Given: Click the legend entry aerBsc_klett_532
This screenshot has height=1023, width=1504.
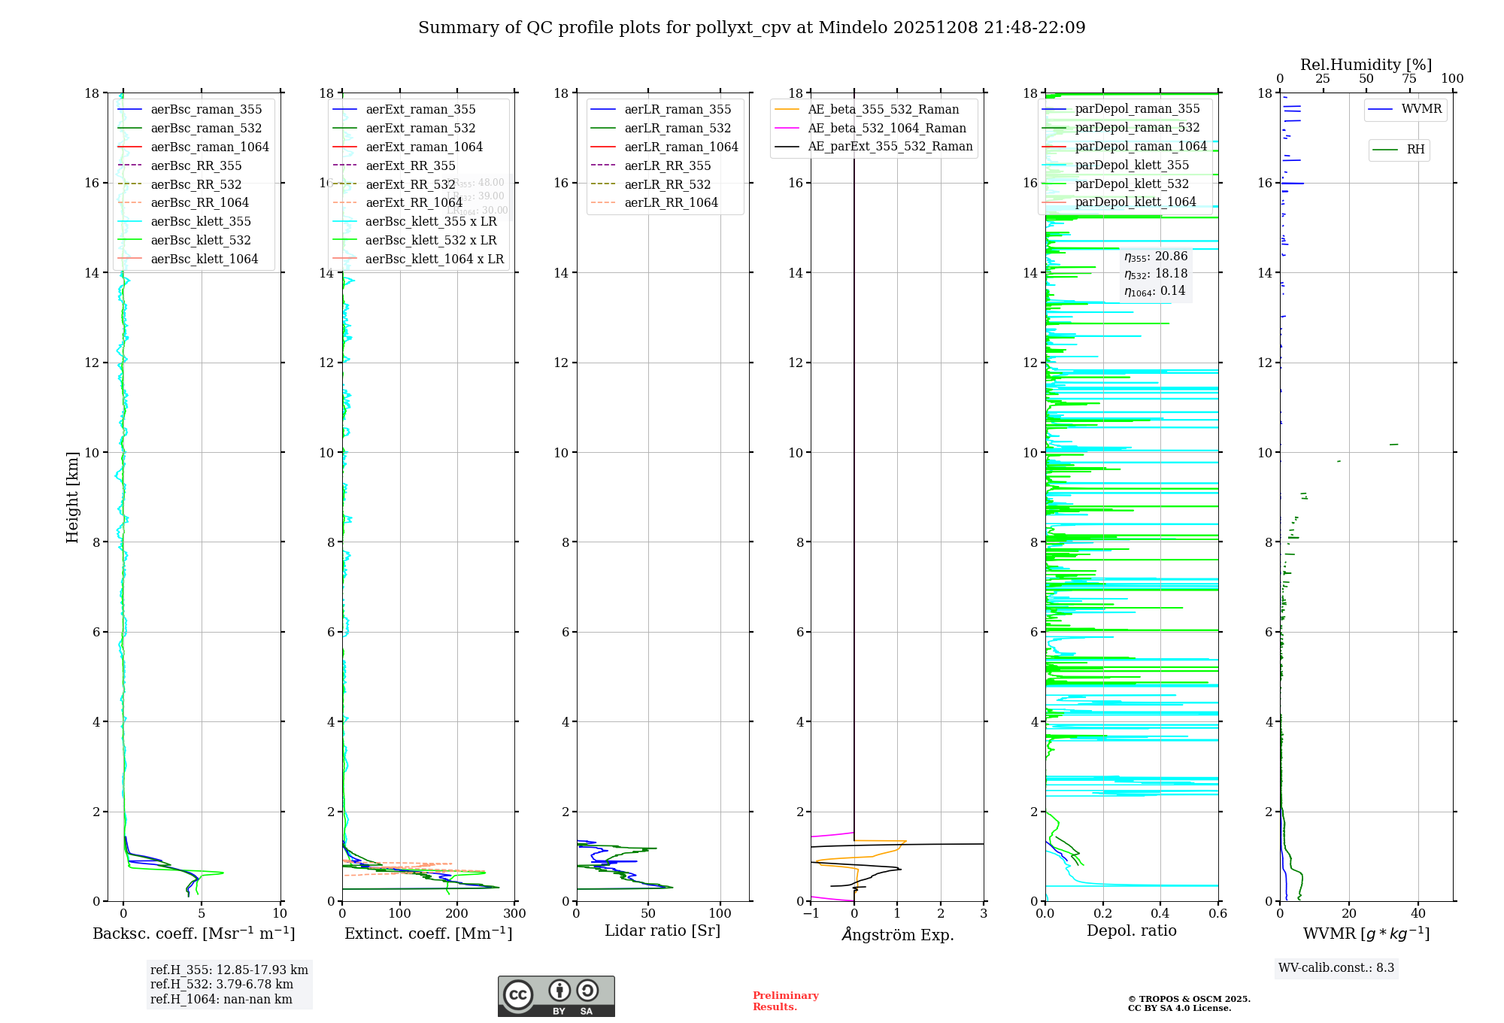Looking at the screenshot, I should (200, 241).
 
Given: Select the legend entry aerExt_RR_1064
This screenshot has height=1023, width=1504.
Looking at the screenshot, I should (414, 203).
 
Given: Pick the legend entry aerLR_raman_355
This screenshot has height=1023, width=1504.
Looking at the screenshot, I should (677, 110).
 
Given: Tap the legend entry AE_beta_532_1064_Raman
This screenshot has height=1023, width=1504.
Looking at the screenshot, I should (887, 129).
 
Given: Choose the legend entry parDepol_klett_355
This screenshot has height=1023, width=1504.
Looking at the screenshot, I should (1132, 165).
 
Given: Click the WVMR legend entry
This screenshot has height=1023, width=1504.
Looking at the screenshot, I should (1421, 109).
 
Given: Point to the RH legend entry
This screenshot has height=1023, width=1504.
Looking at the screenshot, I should (1415, 150).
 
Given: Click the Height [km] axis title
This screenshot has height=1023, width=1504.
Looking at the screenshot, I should (72, 496).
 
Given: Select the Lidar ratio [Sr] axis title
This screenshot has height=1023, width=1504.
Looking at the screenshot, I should (663, 930).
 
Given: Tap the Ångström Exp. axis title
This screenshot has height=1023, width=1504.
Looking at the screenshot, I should (898, 934).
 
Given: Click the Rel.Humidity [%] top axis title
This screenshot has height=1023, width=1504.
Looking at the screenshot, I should (1366, 65).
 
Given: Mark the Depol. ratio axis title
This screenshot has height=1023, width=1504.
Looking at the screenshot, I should (1131, 930).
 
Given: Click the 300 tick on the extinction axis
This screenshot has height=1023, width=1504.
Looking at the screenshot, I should (515, 914).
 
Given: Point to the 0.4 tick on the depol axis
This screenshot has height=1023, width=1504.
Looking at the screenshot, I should (1160, 914).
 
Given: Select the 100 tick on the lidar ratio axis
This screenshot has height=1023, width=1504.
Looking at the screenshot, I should (720, 914).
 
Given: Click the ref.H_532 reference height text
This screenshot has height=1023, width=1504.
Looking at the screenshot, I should (221, 985).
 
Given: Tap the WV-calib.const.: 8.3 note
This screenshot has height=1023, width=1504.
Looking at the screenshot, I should (1336, 968).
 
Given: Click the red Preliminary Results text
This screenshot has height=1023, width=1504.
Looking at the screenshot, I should (785, 1001).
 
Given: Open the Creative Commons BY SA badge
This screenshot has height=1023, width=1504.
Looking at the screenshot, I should (556, 997).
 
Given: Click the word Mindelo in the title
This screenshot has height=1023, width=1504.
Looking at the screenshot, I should (853, 28).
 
